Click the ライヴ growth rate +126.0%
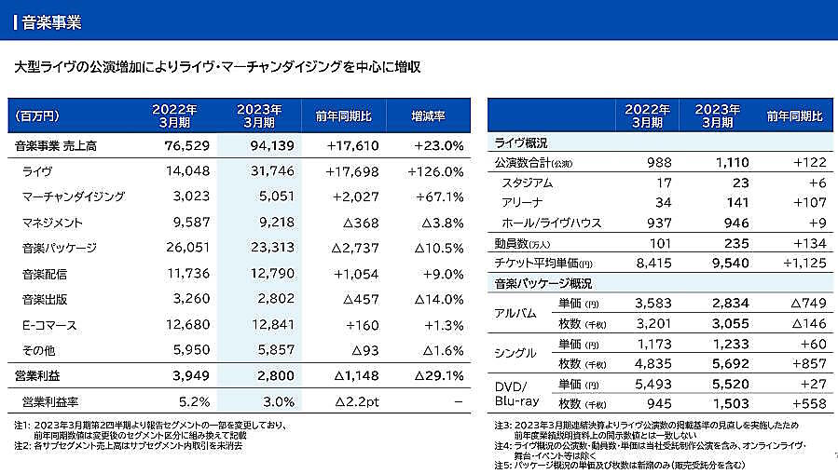(435, 171)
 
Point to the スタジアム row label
(527, 183)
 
